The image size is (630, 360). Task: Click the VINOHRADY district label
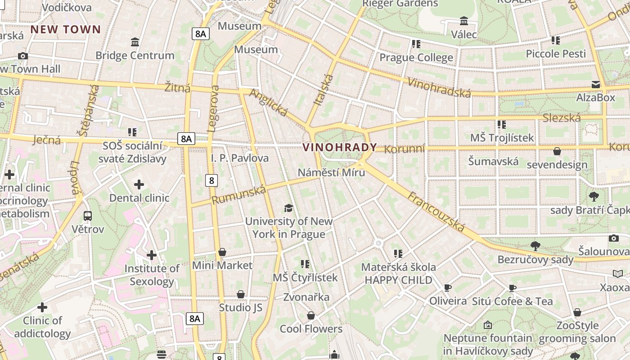[x=340, y=148]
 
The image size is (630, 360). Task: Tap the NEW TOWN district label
[x=66, y=30]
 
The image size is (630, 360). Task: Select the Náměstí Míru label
[x=331, y=172]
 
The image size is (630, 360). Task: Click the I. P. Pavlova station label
[x=240, y=158]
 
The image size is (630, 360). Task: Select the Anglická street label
[x=268, y=103]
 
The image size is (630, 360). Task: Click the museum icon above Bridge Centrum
[x=135, y=42]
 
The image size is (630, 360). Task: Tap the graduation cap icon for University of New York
[x=288, y=208]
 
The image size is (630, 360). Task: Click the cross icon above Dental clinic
[x=139, y=184]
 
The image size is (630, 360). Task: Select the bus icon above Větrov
[x=88, y=216]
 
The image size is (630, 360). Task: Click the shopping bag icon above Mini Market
[x=222, y=252]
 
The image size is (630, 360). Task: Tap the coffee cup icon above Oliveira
[x=448, y=288]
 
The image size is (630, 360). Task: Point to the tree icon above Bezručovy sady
[x=535, y=246]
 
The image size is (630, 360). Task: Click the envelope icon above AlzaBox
[x=596, y=85]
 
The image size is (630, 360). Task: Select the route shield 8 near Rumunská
[x=211, y=180]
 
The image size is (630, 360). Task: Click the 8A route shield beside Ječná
[x=186, y=139]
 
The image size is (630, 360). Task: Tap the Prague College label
[x=416, y=58]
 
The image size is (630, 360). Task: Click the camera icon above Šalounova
[x=614, y=238]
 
